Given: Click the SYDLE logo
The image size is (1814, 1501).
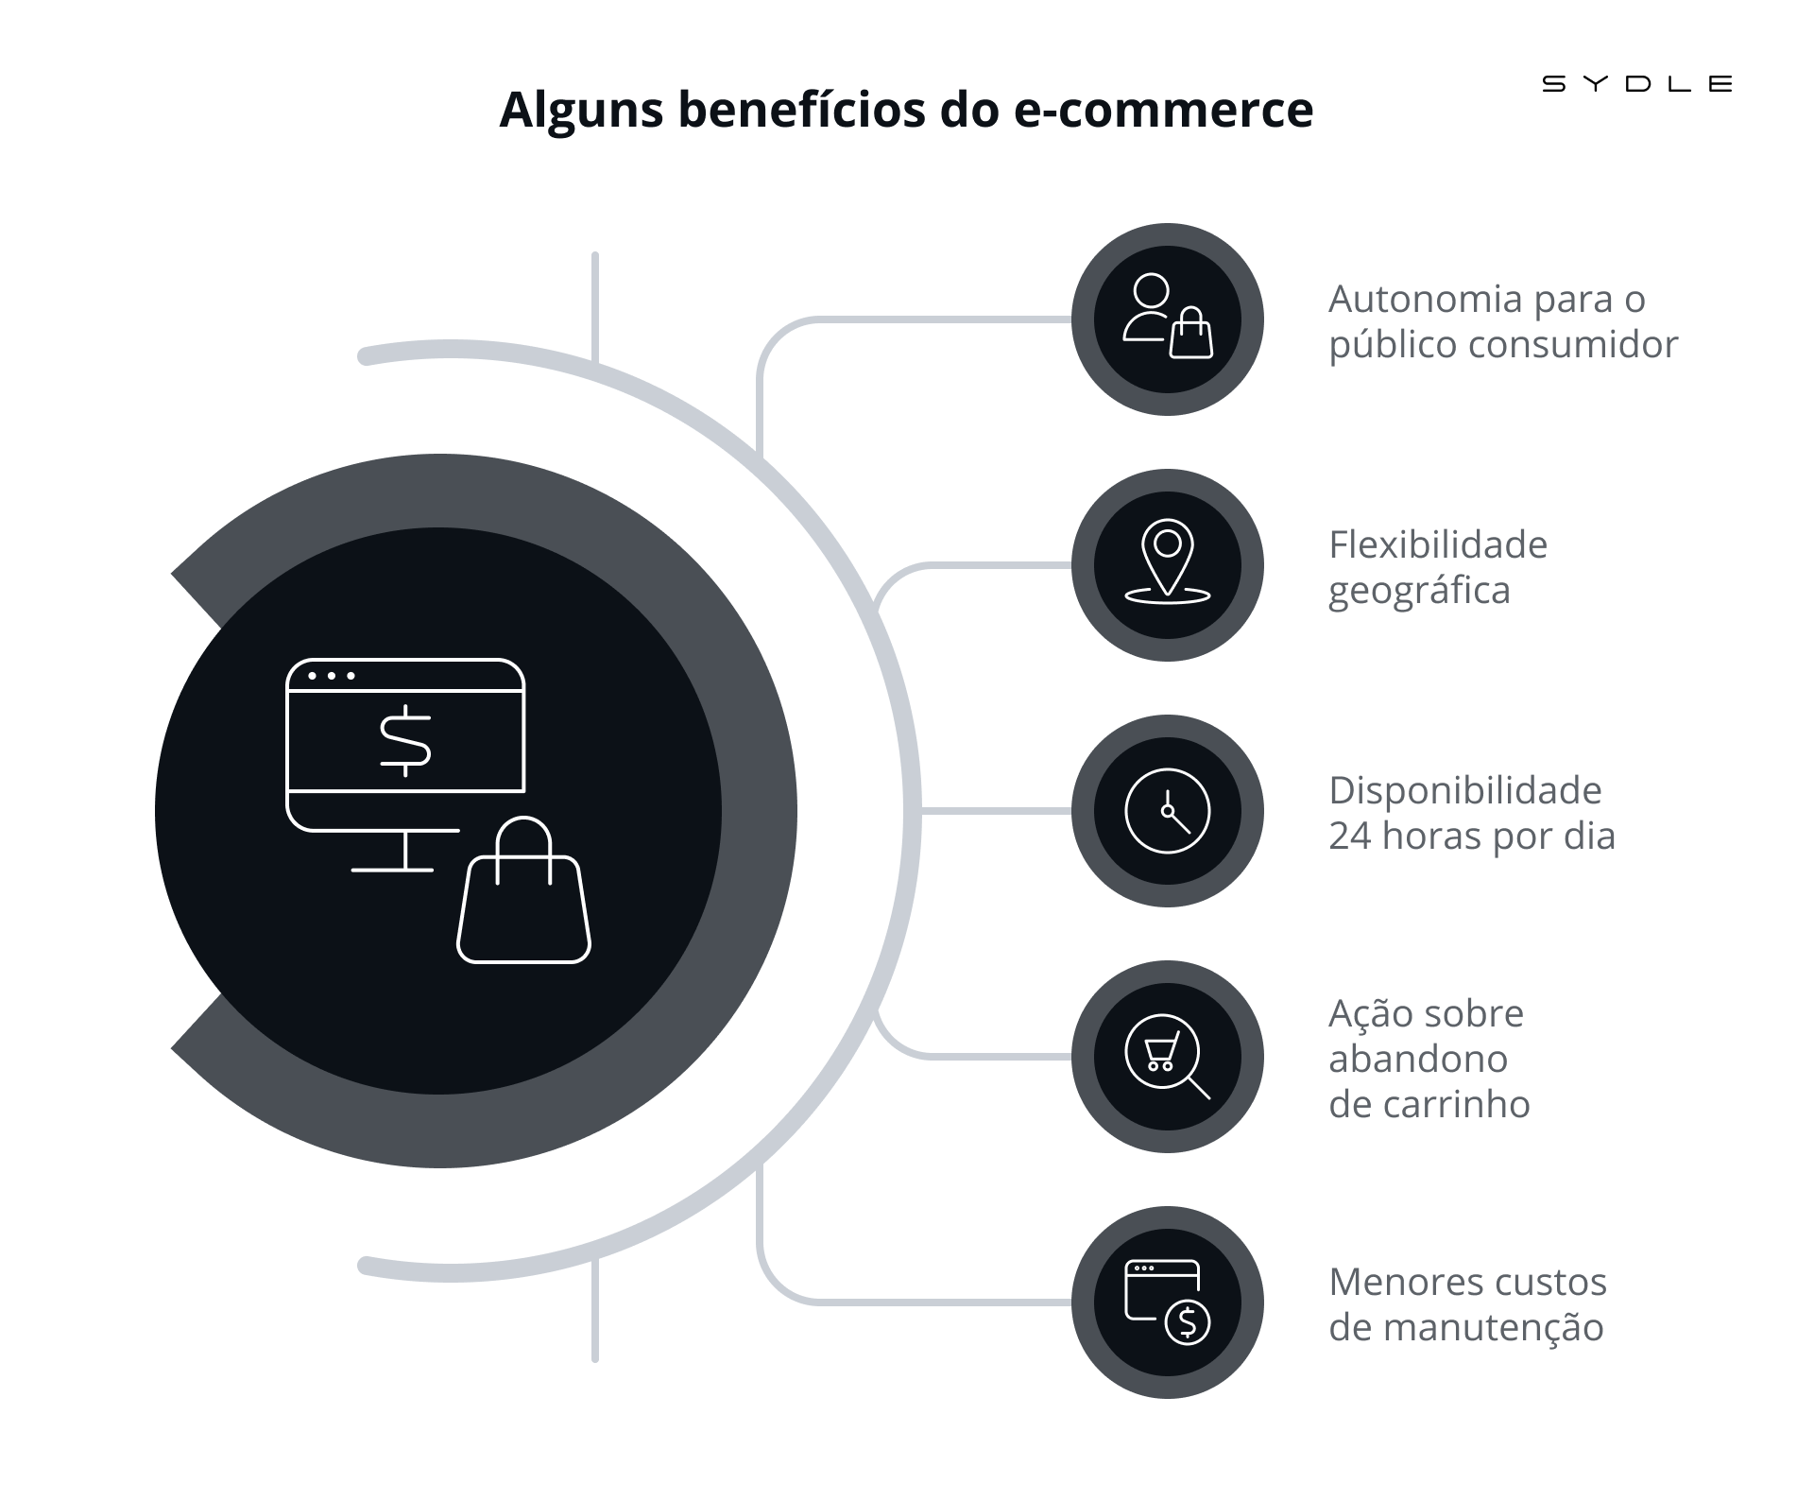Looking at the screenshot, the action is [x=1637, y=84].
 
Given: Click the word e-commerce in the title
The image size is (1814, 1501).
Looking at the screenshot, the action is [x=1163, y=110].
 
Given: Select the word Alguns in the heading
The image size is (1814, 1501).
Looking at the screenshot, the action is [x=582, y=112].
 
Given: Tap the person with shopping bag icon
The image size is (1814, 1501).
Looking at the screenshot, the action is [x=1168, y=317].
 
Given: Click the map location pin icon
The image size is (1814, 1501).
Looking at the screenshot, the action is [x=1168, y=561].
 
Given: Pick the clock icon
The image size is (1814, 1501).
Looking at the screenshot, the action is [x=1168, y=811].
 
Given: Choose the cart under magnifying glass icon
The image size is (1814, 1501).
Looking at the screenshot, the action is [x=1168, y=1057].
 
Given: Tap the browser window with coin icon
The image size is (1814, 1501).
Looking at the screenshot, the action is [x=1168, y=1303].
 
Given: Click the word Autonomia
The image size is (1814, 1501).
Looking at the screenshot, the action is [x=1426, y=299].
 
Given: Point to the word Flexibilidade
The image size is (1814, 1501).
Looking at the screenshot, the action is [x=1438, y=544].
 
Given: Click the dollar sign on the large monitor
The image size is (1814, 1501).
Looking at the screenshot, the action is [x=405, y=741].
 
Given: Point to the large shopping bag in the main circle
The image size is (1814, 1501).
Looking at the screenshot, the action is [x=524, y=889].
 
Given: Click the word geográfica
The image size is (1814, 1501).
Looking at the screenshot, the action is [x=1419, y=592].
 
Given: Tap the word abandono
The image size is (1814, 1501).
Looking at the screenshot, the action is [x=1418, y=1059].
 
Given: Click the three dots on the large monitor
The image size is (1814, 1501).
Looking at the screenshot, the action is [x=332, y=676].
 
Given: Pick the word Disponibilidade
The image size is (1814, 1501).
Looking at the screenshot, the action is [x=1465, y=790].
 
